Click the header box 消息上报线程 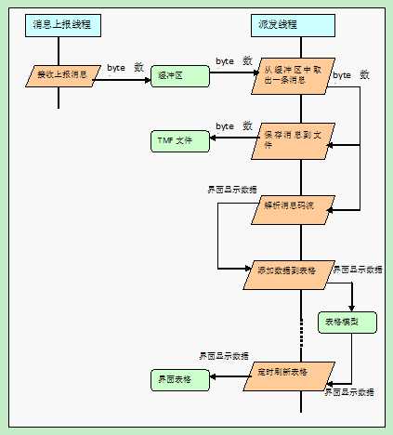click(60, 24)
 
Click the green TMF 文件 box click(178, 140)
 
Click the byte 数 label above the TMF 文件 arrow click(234, 125)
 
